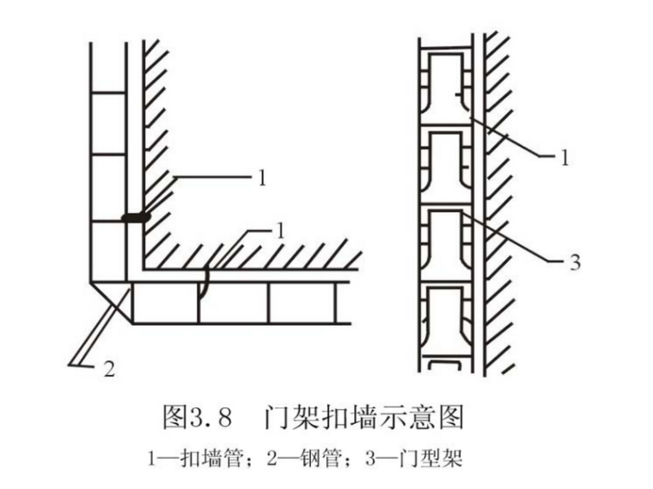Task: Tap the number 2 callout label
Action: pyautogui.click(x=108, y=370)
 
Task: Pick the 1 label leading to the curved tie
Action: pyautogui.click(x=280, y=230)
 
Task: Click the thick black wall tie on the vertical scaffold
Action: pyautogui.click(x=135, y=218)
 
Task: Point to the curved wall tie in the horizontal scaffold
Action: pyautogui.click(x=204, y=283)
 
